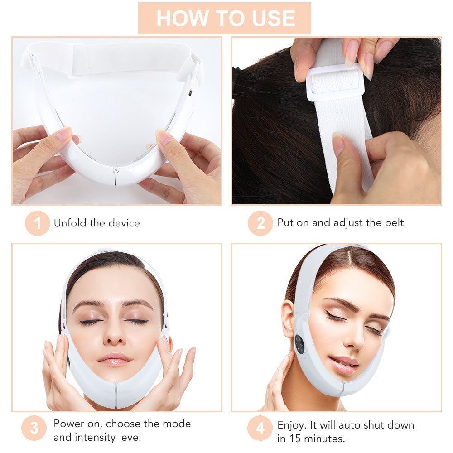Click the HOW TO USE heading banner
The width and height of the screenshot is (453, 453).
tap(225, 18)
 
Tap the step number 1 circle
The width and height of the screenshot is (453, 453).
tap(37, 223)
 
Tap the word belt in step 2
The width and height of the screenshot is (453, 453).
tap(393, 222)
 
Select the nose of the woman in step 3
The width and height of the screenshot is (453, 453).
tap(115, 337)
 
